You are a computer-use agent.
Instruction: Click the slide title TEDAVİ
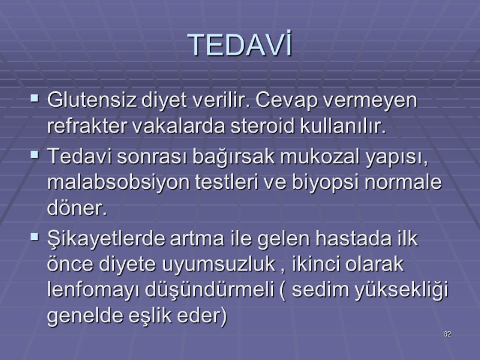[x=239, y=45]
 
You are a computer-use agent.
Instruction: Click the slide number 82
[x=447, y=333]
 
